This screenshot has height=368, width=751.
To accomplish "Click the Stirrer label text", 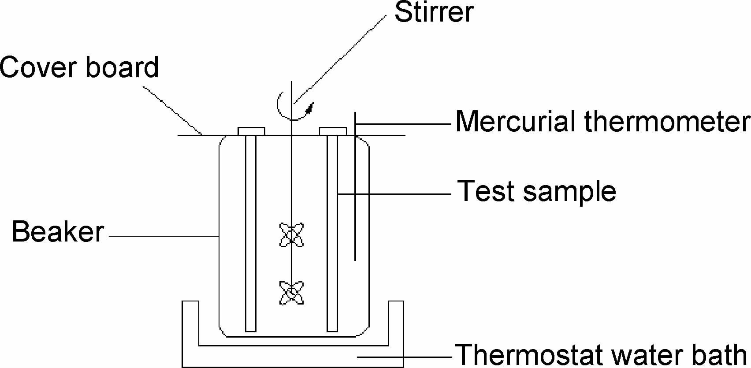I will (x=434, y=12).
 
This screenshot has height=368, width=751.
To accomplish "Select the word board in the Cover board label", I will (x=122, y=67).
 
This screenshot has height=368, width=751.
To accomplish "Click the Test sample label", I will (x=536, y=191).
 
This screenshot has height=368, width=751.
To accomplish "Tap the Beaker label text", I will (x=58, y=232).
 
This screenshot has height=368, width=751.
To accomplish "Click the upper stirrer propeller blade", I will (x=291, y=235).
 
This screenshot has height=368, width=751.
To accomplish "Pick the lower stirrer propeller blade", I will (x=291, y=293).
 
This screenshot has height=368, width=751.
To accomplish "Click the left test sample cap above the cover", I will (x=251, y=131).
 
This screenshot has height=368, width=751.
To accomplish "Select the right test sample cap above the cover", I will (x=333, y=131).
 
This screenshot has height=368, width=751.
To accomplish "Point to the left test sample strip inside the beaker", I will (x=251, y=234).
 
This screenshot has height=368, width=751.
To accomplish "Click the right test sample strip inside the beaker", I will (x=332, y=234).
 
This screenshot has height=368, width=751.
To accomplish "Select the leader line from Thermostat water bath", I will (x=405, y=357).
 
